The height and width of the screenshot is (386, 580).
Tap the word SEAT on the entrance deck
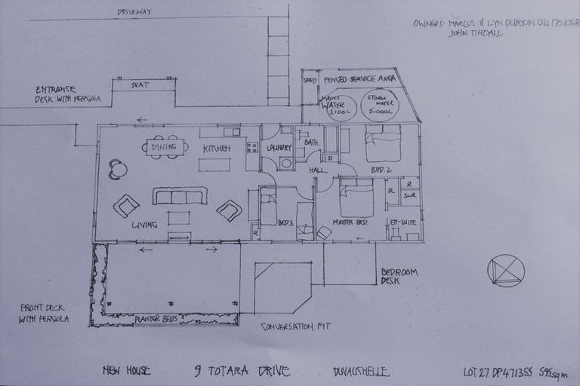[140, 85]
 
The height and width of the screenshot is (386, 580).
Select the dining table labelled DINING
[165, 147]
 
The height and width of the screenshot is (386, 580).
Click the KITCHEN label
[215, 149]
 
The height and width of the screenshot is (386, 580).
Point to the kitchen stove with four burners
[252, 147]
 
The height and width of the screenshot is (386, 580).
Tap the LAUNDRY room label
[279, 148]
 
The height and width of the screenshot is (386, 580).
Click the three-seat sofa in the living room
[180, 196]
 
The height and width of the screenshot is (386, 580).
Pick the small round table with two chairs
[118, 169]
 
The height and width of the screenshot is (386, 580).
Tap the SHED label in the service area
[310, 79]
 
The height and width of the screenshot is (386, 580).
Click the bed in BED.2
[383, 143]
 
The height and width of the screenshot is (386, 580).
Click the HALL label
[317, 171]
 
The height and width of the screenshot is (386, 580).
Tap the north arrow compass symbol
[505, 271]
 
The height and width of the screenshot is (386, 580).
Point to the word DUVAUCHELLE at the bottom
[360, 371]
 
